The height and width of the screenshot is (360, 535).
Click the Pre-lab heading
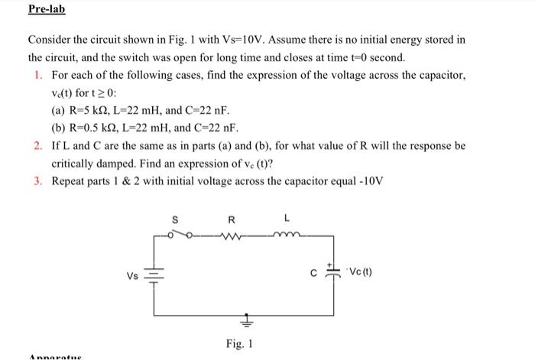tap(47, 10)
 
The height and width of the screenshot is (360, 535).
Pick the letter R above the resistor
tap(233, 221)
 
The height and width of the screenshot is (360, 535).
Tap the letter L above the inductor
tap(284, 221)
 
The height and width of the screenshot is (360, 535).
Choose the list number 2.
tap(37, 145)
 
